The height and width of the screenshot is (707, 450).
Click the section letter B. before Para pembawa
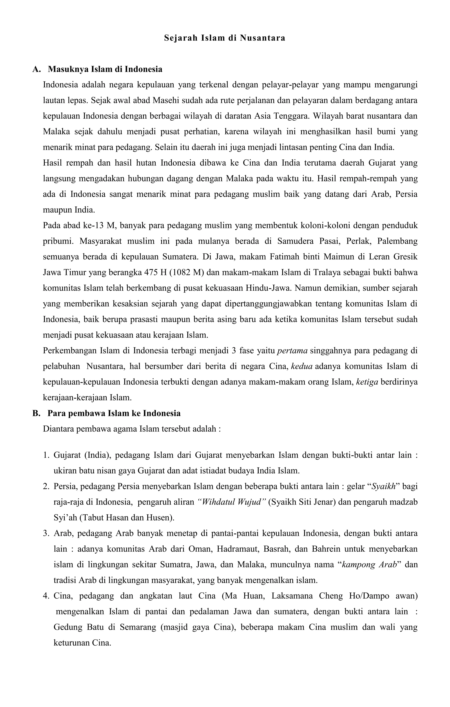click(36, 413)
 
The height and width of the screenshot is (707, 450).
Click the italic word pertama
click(292, 351)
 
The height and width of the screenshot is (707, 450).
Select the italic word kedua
click(302, 366)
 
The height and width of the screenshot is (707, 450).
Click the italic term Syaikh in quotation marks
click(382, 486)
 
